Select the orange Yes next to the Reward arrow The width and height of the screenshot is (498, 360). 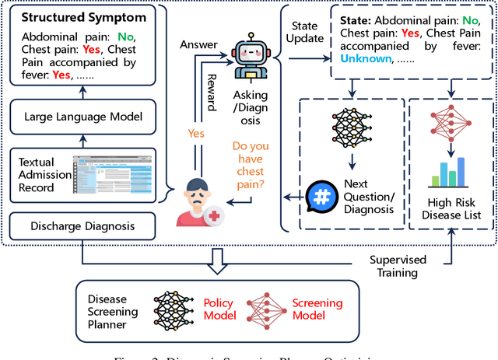pyautogui.click(x=196, y=133)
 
